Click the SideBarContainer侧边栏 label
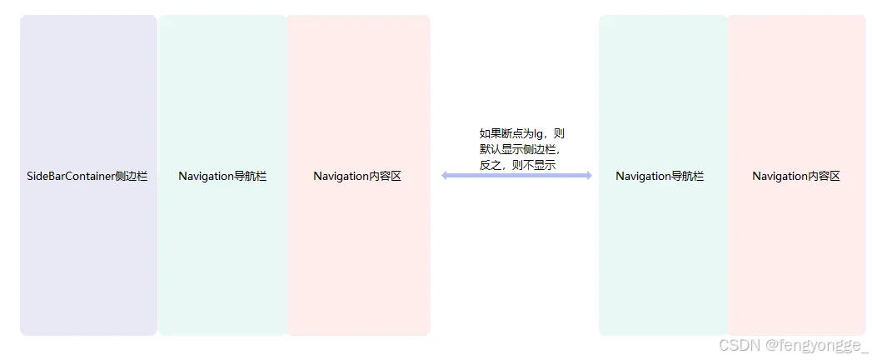[x=87, y=177]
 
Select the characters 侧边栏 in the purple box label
[x=132, y=177]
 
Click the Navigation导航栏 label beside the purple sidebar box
[x=222, y=177]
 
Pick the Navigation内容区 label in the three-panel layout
[x=357, y=177]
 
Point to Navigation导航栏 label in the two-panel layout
[x=660, y=177]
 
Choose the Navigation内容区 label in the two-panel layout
[x=796, y=177]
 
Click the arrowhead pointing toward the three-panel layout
[x=446, y=175]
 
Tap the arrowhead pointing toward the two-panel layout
[x=587, y=175]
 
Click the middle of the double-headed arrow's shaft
[x=516, y=175]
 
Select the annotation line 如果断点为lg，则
[x=522, y=133]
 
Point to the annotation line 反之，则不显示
[x=517, y=165]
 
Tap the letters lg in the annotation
[x=539, y=133]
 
